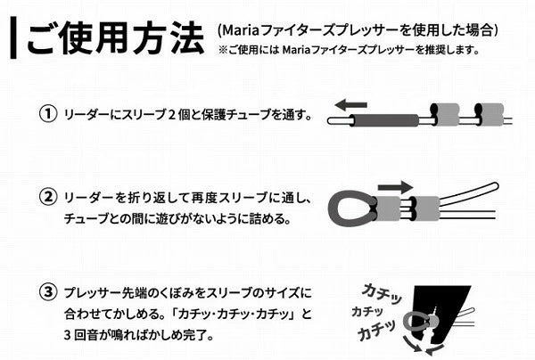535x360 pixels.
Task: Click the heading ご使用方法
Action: pos(116,37)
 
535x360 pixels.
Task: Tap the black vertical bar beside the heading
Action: pos(13,37)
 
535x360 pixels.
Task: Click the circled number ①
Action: pos(48,114)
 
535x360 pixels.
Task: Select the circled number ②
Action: pos(48,198)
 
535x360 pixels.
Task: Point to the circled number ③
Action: pos(48,292)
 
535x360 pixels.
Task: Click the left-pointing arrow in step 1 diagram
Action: pos(350,104)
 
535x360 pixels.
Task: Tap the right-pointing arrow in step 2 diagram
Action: pos(396,187)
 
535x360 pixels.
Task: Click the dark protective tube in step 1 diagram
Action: pos(385,120)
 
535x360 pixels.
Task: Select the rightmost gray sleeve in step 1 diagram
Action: pos(490,114)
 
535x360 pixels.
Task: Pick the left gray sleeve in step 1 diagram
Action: pos(445,114)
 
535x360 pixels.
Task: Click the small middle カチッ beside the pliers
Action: pos(367,311)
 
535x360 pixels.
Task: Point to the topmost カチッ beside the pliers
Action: pos(382,293)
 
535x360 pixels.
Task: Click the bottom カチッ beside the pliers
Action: pos(376,330)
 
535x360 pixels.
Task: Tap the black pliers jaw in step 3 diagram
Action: pos(440,307)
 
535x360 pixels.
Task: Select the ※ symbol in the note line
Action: pos(223,50)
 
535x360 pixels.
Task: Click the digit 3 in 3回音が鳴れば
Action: pos(67,335)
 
